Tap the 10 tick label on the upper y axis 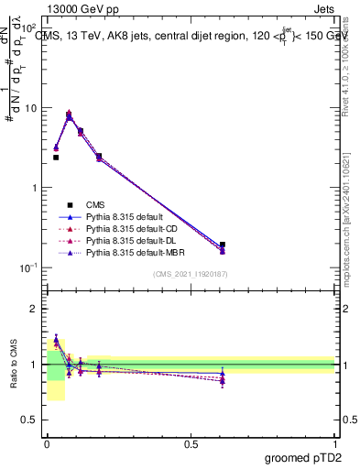32,108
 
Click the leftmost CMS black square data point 56,158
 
